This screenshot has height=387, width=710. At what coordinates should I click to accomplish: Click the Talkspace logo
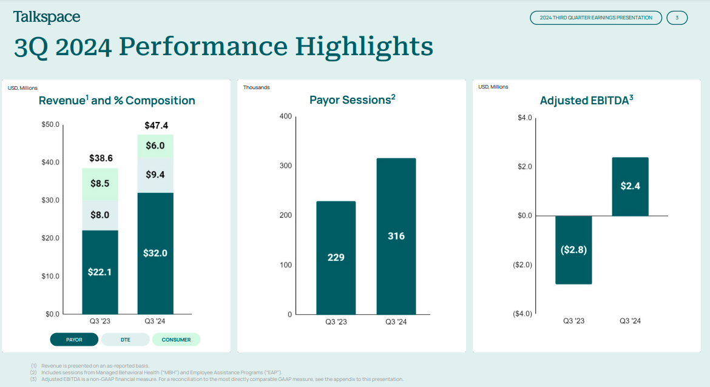47,17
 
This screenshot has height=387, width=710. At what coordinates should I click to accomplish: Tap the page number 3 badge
677,18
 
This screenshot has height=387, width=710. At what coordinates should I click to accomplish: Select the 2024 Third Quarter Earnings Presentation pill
596,18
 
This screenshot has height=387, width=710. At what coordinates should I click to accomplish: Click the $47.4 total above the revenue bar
156,126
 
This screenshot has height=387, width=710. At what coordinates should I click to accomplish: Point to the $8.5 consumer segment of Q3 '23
100,183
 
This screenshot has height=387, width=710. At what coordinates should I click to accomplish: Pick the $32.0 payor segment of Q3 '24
155,253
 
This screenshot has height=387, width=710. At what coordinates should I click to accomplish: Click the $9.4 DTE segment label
155,175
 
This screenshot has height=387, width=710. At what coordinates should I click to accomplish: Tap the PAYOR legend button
74,340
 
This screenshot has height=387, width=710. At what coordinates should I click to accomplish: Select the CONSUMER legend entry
176,340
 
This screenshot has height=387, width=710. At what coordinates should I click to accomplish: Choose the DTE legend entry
125,340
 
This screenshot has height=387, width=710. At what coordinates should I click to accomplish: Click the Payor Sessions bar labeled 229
336,257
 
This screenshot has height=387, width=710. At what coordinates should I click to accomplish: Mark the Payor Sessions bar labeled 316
396,236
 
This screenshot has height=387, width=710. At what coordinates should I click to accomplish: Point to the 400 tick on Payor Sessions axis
285,116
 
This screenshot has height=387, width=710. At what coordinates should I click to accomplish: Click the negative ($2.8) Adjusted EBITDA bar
573,249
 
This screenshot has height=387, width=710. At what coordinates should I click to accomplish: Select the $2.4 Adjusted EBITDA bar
630,186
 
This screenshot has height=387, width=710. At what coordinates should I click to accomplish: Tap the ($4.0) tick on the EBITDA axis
522,314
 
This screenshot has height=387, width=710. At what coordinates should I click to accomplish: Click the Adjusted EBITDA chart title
586,101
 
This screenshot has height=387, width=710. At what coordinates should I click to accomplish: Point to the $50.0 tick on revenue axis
50,124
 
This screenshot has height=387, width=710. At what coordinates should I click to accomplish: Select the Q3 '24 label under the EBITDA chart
630,321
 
